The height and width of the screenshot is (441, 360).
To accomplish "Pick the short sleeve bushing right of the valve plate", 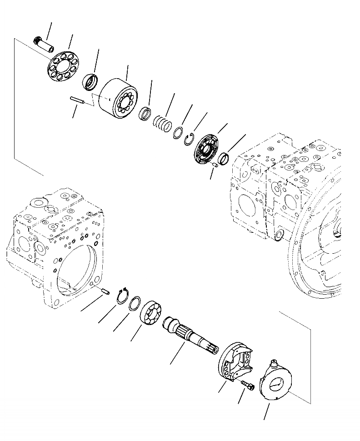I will [224, 159].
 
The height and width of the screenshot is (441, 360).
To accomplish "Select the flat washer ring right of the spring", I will [178, 132].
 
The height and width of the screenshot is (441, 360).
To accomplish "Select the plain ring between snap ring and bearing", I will [135, 304].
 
